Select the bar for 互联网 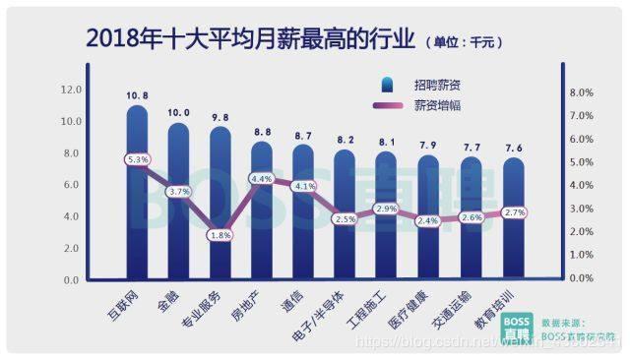137,197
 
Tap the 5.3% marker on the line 137,158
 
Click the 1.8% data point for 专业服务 220,235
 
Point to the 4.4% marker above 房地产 262,179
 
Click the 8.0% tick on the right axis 582,92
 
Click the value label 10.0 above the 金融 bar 178,112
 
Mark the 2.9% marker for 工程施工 387,210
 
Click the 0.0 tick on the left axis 72,280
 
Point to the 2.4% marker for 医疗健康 428,221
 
